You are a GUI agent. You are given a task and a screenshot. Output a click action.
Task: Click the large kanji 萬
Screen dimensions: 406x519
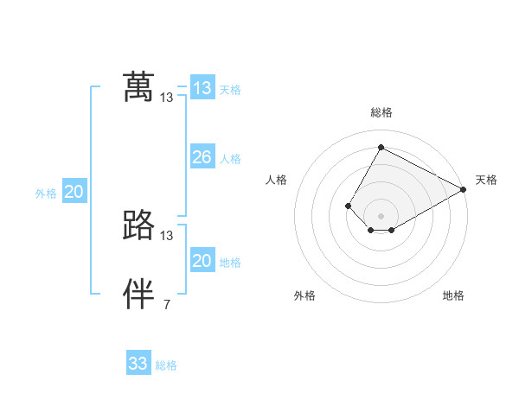tap(138, 88)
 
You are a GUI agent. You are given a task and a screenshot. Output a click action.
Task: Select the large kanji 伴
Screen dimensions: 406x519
tap(138, 295)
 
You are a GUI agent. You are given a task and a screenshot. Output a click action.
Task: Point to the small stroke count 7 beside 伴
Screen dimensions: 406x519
tap(167, 304)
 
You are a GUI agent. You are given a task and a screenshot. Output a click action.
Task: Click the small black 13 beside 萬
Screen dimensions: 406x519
tap(167, 98)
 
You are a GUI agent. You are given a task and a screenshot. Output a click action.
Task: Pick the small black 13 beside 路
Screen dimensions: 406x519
tap(167, 235)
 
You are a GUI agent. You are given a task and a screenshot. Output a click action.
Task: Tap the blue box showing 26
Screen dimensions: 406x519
tap(202, 157)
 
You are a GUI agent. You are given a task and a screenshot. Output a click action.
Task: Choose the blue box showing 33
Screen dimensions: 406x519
tap(138, 364)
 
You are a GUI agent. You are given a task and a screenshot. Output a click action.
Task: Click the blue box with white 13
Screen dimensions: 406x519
tap(202, 88)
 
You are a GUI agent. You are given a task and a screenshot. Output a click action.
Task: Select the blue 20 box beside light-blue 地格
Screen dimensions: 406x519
tap(202, 261)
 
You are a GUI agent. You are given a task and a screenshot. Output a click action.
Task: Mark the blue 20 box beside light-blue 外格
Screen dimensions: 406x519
tap(74, 192)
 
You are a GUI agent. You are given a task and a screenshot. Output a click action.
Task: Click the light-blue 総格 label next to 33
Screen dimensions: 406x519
tap(166, 365)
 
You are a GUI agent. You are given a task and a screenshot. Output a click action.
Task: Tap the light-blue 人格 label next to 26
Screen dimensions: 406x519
tap(230, 159)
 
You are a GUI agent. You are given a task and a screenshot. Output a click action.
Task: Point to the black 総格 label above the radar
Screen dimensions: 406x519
tap(381, 112)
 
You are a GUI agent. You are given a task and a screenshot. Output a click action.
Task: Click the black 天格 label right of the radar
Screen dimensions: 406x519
tap(486, 180)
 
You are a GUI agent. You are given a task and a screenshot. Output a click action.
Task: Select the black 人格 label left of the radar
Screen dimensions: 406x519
tap(277, 180)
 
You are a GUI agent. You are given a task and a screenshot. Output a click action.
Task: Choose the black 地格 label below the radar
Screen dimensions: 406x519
tap(453, 295)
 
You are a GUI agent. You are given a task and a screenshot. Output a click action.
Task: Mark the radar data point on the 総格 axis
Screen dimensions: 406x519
tap(381, 148)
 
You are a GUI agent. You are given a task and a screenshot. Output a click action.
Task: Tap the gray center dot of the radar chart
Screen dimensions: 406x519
tap(381, 216)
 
